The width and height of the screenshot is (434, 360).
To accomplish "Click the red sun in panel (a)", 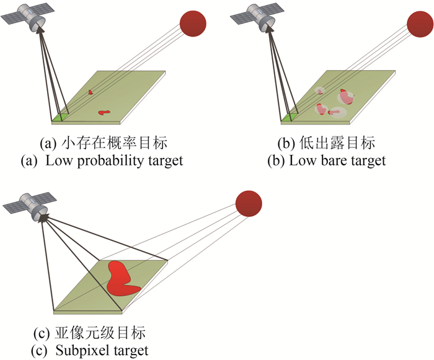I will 193,23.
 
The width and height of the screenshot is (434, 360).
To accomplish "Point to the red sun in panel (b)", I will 420,23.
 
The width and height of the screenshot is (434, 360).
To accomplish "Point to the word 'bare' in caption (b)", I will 338,161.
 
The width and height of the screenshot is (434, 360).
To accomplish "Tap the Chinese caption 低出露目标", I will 344,144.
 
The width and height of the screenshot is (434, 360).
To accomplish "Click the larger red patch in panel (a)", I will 104,113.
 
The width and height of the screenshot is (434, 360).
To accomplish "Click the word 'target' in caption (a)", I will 164,161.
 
